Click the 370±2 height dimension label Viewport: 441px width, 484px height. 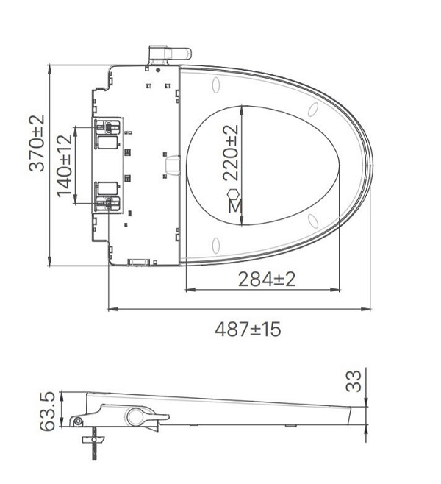point(37,143)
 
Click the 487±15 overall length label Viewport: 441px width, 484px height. point(248,329)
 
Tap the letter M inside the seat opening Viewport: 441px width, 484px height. point(234,207)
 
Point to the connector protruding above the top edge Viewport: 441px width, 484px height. point(168,53)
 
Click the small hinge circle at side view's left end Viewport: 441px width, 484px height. point(77,421)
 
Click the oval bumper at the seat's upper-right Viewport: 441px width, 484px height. point(313,110)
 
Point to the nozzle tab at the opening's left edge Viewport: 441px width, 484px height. point(171,166)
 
